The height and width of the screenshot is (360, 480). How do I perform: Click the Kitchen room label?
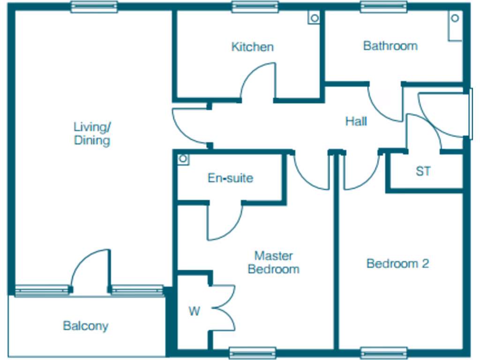253,47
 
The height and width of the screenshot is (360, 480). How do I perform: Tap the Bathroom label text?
390,46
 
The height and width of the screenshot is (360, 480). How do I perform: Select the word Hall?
356,121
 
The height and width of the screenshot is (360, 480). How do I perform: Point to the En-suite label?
231,178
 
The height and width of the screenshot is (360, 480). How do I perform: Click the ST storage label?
423,171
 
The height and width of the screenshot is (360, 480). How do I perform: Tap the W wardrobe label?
195,311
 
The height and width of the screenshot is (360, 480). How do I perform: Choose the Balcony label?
86,326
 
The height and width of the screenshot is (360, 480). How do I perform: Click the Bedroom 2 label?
397,263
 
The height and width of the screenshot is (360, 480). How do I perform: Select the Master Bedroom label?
274,262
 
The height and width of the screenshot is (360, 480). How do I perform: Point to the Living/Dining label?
92,134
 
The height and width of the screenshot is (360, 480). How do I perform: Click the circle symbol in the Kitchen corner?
315,18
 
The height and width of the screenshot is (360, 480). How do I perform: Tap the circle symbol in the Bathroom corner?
455,18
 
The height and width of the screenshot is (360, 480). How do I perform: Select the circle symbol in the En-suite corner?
183,158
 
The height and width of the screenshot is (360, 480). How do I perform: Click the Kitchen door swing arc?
252,71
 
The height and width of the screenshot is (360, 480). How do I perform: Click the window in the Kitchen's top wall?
255,7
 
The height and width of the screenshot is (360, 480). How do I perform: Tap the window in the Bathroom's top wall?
383,7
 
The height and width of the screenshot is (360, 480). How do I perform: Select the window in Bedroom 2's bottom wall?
383,352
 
